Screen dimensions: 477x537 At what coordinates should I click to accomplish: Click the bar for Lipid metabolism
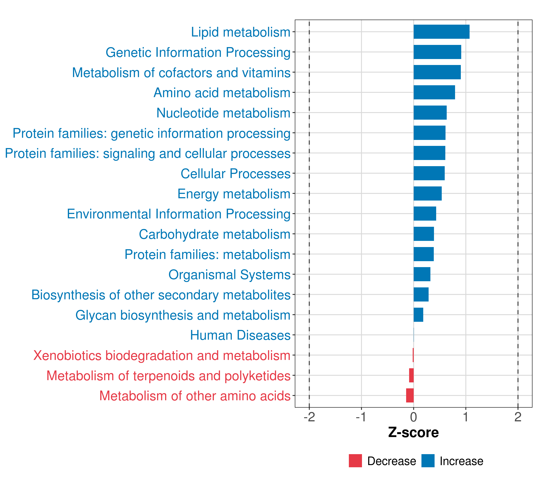point(441,32)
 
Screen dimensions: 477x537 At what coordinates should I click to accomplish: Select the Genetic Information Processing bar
point(437,52)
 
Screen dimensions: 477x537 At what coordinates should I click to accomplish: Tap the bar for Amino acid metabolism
point(434,92)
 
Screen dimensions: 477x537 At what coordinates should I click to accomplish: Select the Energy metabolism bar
point(427,193)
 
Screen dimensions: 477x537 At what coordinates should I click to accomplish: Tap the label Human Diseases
point(240,335)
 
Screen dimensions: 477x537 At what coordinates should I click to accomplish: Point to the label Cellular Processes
point(235,174)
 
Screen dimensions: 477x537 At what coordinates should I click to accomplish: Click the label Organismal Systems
point(229,275)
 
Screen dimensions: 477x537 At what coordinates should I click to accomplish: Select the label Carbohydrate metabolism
point(214,234)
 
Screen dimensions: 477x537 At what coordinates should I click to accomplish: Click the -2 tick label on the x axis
point(309,417)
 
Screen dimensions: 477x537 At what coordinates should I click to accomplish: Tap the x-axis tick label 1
point(466,417)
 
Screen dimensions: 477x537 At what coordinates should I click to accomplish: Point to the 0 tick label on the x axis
point(413,417)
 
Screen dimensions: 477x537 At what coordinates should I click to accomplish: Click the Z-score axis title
point(413,433)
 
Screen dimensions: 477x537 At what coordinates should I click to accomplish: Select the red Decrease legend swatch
point(355,461)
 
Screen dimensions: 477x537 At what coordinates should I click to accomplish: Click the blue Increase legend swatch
point(428,461)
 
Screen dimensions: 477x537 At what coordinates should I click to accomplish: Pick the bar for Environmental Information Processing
point(425,214)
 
